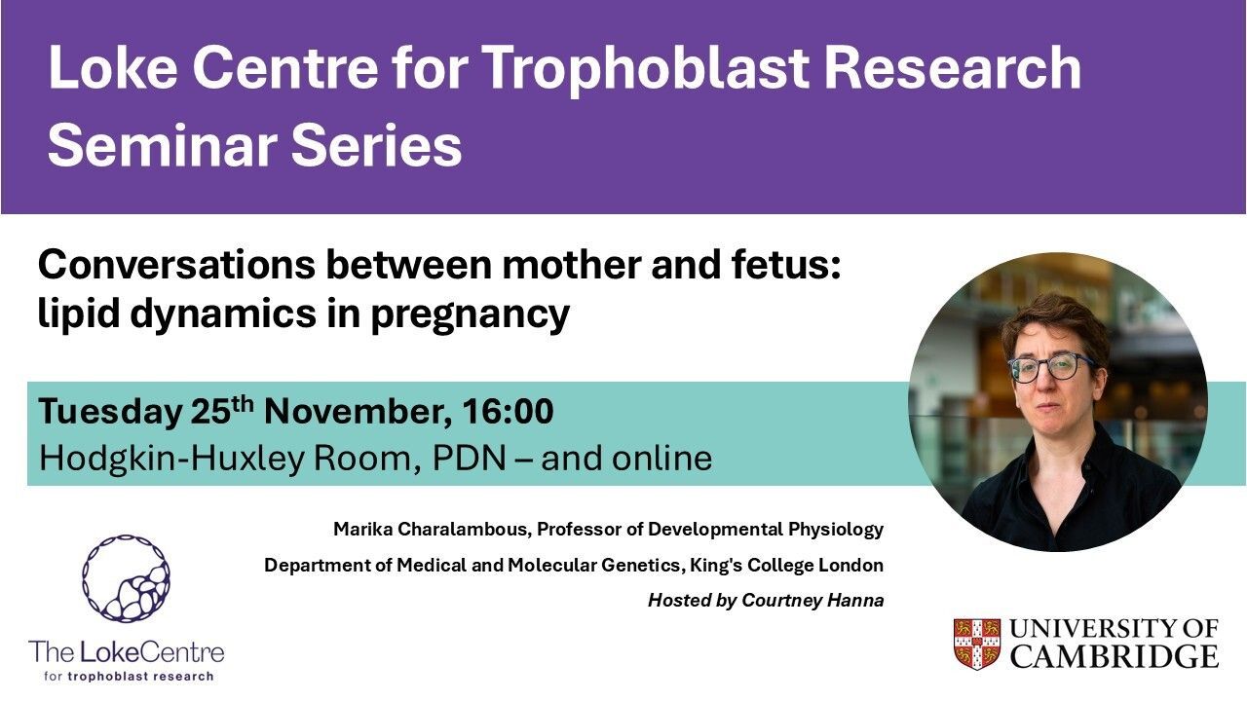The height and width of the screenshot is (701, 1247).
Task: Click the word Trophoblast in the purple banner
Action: pyautogui.click(x=647, y=69)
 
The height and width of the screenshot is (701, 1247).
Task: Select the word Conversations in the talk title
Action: pyautogui.click(x=176, y=266)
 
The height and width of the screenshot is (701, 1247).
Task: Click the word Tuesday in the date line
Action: pyautogui.click(x=110, y=413)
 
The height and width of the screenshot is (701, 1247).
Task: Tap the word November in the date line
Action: pyautogui.click(x=358, y=412)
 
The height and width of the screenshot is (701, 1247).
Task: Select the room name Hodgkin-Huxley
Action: pyautogui.click(x=170, y=459)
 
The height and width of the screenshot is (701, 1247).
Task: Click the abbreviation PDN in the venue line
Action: pyautogui.click(x=469, y=458)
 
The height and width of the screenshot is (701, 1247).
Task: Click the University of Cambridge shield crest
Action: pyautogui.click(x=977, y=645)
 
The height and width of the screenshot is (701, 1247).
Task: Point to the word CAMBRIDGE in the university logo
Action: pyautogui.click(x=1114, y=656)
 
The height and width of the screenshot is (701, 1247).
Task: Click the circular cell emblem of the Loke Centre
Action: pyautogui.click(x=126, y=578)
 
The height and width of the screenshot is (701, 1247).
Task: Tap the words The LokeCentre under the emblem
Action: pyautogui.click(x=127, y=652)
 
